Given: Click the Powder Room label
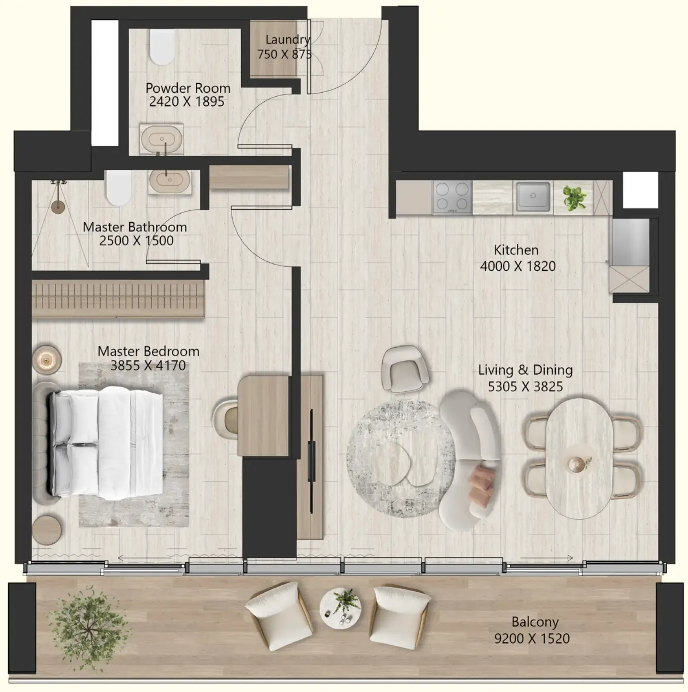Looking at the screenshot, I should (188, 88).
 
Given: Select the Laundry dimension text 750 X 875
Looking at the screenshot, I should (284, 54).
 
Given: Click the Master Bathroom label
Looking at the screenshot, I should (135, 227).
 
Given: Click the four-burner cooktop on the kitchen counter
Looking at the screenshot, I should (452, 197).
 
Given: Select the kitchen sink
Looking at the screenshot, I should (533, 197).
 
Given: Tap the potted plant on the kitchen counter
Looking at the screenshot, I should (574, 198).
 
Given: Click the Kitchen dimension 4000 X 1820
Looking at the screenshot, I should (518, 266).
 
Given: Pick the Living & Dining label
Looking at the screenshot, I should (525, 370).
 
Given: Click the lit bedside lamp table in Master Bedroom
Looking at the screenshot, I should (47, 360).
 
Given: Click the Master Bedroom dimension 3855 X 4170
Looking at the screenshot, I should (148, 365).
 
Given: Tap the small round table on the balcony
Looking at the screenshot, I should (340, 608).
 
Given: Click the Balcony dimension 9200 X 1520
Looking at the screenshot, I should (532, 638).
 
